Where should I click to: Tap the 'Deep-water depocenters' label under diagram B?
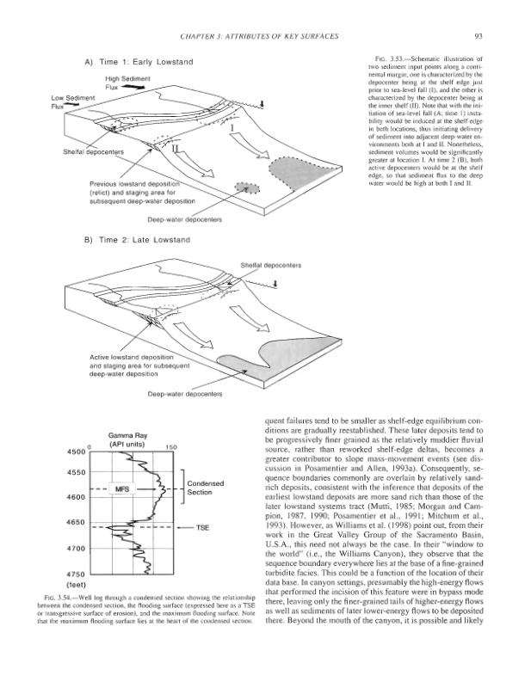tap(186, 394)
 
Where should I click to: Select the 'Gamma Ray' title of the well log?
tap(126, 435)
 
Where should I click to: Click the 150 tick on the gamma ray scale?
tap(170, 448)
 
